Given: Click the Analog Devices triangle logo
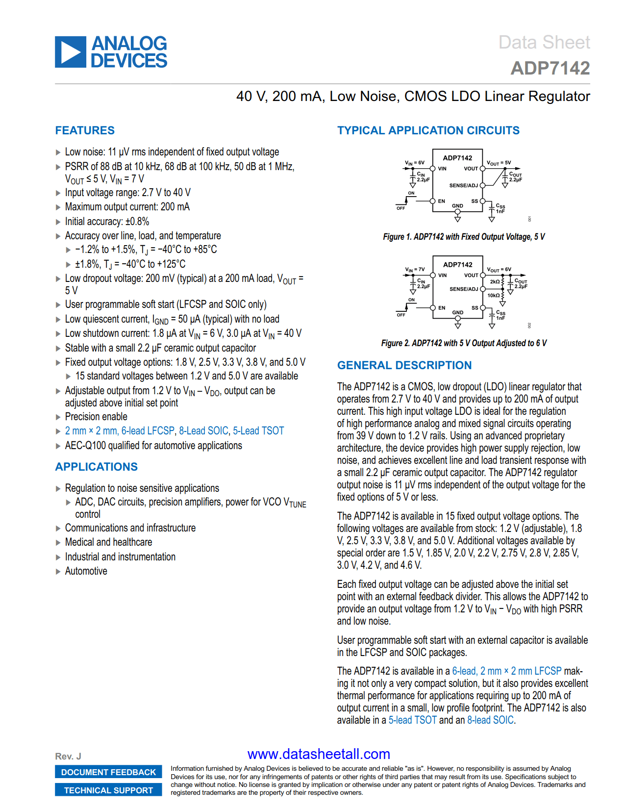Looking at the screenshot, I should [x=71, y=52].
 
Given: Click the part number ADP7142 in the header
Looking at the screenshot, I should [x=550, y=68].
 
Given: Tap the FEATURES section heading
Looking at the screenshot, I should [x=85, y=130].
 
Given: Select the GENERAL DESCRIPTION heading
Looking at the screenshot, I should [x=404, y=365].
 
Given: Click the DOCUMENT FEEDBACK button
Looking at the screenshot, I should [x=108, y=772].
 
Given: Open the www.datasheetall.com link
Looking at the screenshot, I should [x=319, y=754].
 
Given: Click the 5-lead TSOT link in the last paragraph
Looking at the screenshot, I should [x=412, y=720].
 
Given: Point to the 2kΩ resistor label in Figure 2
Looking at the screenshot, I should [x=495, y=282].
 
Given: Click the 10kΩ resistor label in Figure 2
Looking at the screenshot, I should [x=493, y=296].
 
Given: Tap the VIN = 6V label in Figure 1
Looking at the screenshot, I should [x=415, y=163].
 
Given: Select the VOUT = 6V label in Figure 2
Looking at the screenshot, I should [x=499, y=270].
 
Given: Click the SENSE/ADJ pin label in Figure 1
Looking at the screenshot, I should [x=463, y=185].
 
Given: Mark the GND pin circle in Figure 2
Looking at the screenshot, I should [x=458, y=318].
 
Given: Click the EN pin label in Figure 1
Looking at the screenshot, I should [x=442, y=201].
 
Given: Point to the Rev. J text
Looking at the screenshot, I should [x=68, y=757].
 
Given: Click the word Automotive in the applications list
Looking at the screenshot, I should [x=86, y=571].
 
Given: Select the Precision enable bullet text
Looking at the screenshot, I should [x=96, y=417].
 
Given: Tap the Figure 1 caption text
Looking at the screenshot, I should [x=464, y=237].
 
